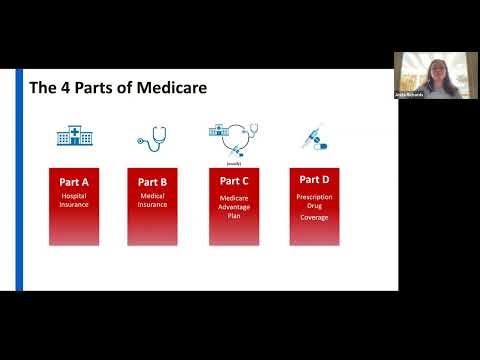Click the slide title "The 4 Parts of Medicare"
pyautogui.click(x=117, y=88)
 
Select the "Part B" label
pyautogui.click(x=152, y=181)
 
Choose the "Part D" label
pyautogui.click(x=315, y=179)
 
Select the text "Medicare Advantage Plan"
pyautogui.click(x=233, y=206)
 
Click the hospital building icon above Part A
pyautogui.click(x=70, y=137)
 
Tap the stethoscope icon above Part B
pyautogui.click(x=152, y=137)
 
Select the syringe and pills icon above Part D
pyautogui.click(x=314, y=137)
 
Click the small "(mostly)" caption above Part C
pyautogui.click(x=234, y=161)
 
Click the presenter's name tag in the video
pyautogui.click(x=414, y=94)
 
